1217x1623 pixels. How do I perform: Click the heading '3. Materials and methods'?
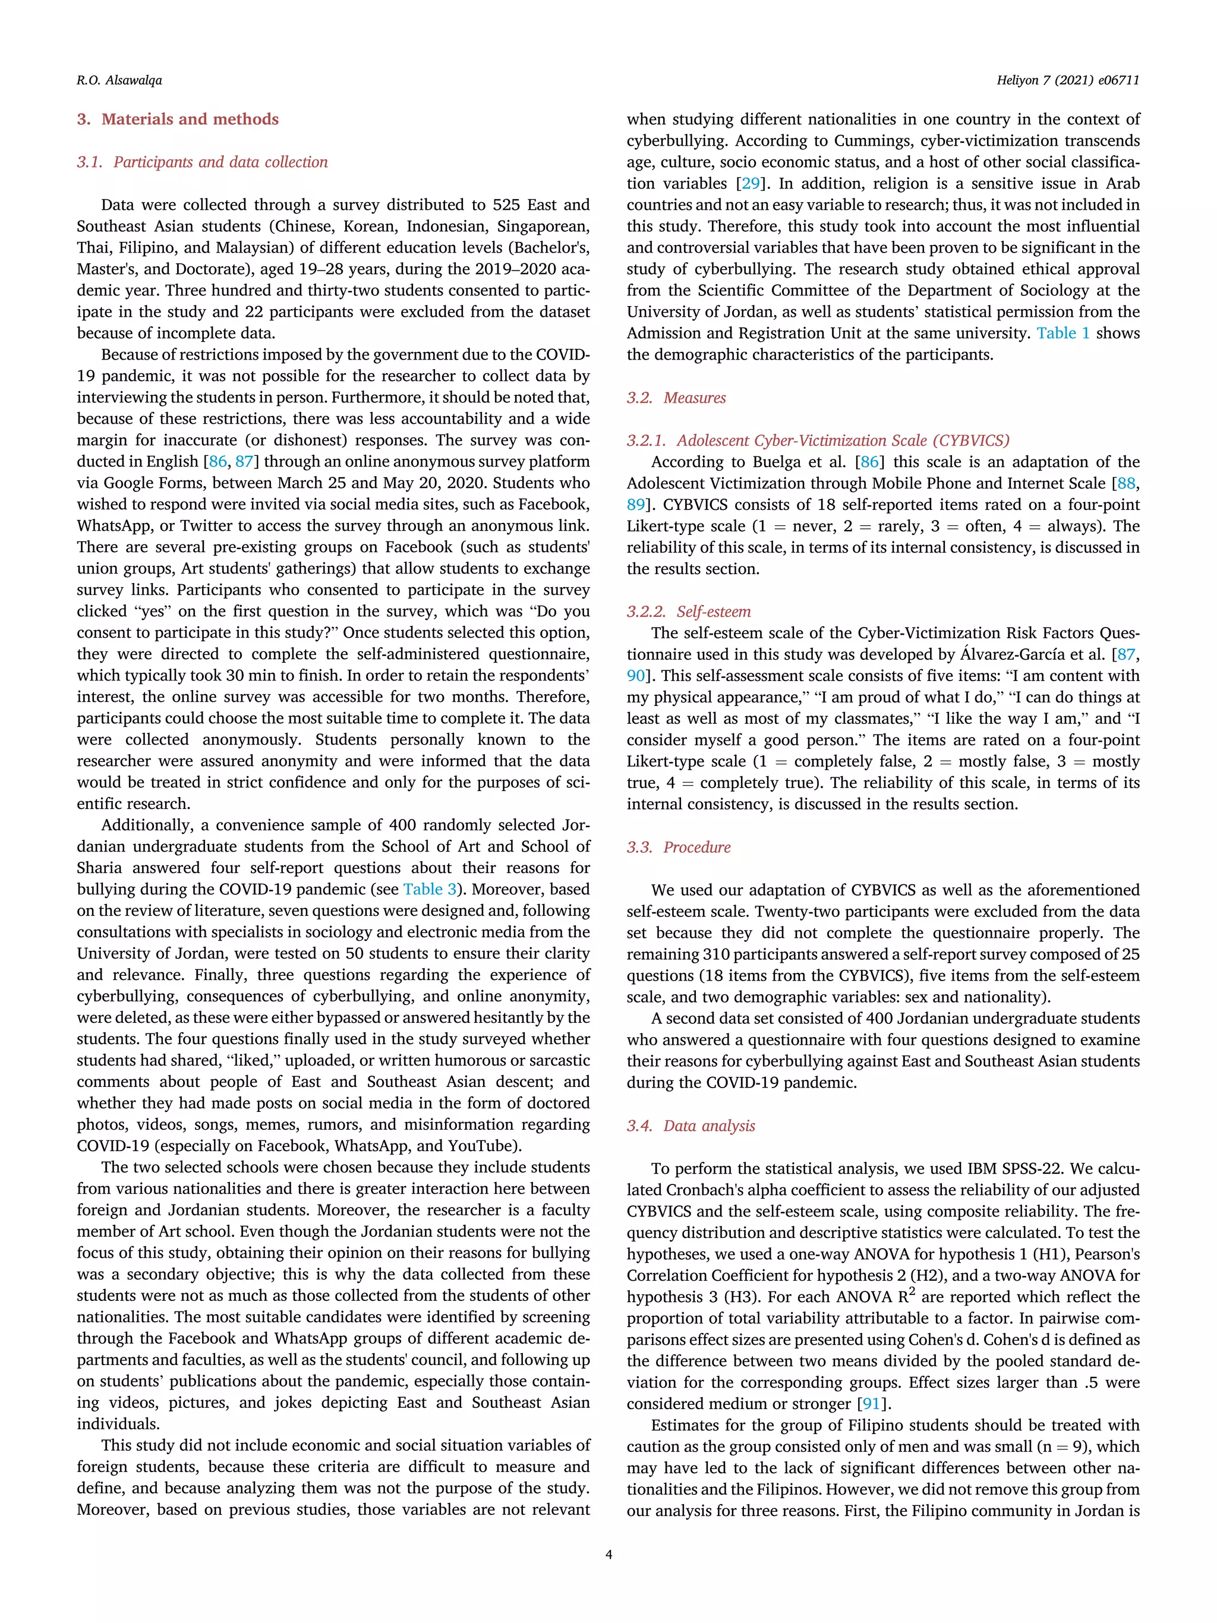coord(178,119)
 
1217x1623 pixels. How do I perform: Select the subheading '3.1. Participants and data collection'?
coord(203,162)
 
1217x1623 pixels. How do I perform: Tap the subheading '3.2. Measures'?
coord(676,398)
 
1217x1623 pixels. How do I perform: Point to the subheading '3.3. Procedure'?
coord(679,847)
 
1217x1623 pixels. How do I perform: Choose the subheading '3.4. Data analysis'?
coord(691,1126)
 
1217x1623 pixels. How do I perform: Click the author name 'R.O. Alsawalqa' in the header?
coord(119,80)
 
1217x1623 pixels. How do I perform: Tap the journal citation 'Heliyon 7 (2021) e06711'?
coord(1067,80)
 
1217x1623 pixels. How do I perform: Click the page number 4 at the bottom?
coord(608,1554)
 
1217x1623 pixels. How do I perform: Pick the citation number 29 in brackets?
coord(751,184)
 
